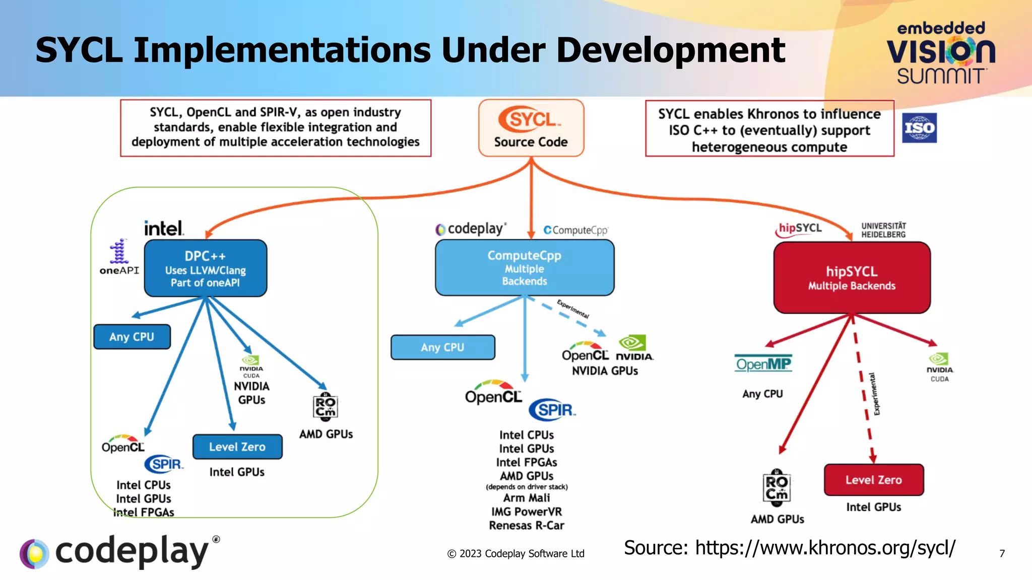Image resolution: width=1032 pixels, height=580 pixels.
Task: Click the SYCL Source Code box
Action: point(531,128)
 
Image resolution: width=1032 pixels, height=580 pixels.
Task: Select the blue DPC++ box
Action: point(205,268)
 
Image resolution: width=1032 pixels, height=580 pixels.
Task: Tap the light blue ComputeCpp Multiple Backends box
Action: point(524,267)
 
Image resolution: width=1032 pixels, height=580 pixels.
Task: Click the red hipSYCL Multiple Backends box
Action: point(852,277)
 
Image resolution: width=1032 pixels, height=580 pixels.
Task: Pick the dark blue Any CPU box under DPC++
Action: point(132,337)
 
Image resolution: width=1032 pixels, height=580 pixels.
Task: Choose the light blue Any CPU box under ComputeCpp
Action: point(442,347)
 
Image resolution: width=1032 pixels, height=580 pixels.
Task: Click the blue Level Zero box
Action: point(237,447)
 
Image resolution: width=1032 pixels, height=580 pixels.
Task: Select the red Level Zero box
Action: point(873,480)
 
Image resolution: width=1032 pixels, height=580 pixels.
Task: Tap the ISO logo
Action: point(919,128)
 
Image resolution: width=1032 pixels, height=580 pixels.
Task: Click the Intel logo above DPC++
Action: point(164,228)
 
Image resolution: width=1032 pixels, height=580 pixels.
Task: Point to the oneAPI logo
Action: point(119,257)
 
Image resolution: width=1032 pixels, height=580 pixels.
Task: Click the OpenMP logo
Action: point(763,364)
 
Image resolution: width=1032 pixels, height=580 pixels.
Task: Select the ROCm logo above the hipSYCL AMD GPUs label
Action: point(777,487)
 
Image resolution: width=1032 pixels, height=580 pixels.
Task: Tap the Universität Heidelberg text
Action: point(883,230)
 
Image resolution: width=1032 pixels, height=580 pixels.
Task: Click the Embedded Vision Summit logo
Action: point(941,53)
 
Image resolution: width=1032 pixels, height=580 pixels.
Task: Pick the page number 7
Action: point(1002,554)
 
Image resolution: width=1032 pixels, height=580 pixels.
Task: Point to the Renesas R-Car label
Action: point(526,526)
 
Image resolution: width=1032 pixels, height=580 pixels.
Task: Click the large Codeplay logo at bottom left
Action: point(119,552)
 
